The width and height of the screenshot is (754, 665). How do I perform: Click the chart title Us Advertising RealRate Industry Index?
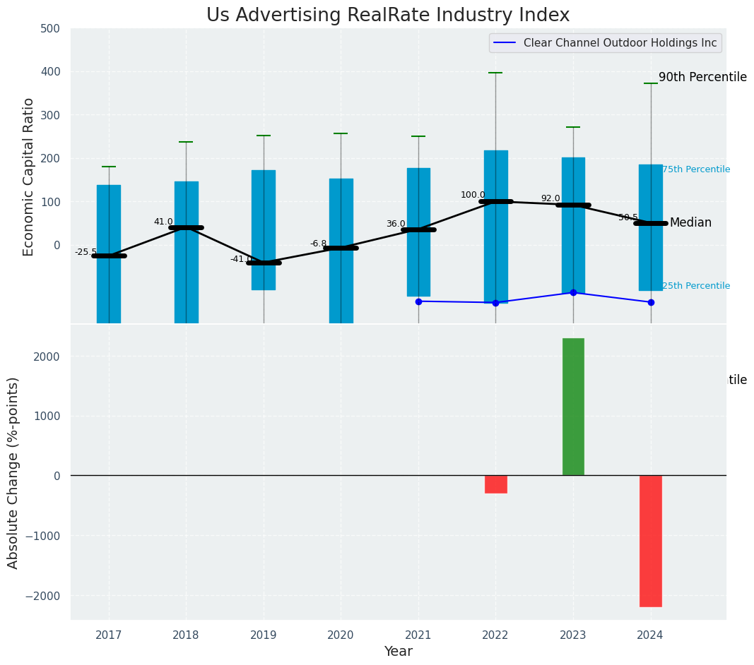[x=387, y=16]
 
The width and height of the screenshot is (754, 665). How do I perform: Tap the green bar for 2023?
[x=573, y=407]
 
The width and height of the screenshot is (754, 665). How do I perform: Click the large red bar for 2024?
[x=650, y=541]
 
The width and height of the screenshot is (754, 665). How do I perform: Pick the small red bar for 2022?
[x=495, y=484]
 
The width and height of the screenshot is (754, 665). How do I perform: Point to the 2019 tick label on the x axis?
[x=264, y=635]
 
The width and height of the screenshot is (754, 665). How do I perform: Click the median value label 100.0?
[x=473, y=195]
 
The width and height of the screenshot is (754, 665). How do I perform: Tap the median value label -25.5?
[x=86, y=252]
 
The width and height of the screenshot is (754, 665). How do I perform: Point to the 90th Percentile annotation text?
[x=702, y=78]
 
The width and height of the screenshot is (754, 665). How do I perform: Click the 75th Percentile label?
[x=696, y=169]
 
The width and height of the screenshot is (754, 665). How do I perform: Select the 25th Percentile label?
[x=696, y=286]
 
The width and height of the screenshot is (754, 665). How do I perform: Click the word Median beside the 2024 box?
[x=690, y=223]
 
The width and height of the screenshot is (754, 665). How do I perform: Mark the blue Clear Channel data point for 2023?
[x=573, y=292]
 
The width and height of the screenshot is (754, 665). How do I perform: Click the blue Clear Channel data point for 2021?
[x=418, y=301]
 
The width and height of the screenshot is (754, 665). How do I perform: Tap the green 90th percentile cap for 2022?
[x=495, y=73]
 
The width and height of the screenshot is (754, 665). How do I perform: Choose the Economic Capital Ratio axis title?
[x=29, y=177]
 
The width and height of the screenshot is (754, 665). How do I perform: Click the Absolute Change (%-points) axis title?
[x=13, y=472]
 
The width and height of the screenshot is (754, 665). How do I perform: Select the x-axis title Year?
[x=398, y=652]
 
